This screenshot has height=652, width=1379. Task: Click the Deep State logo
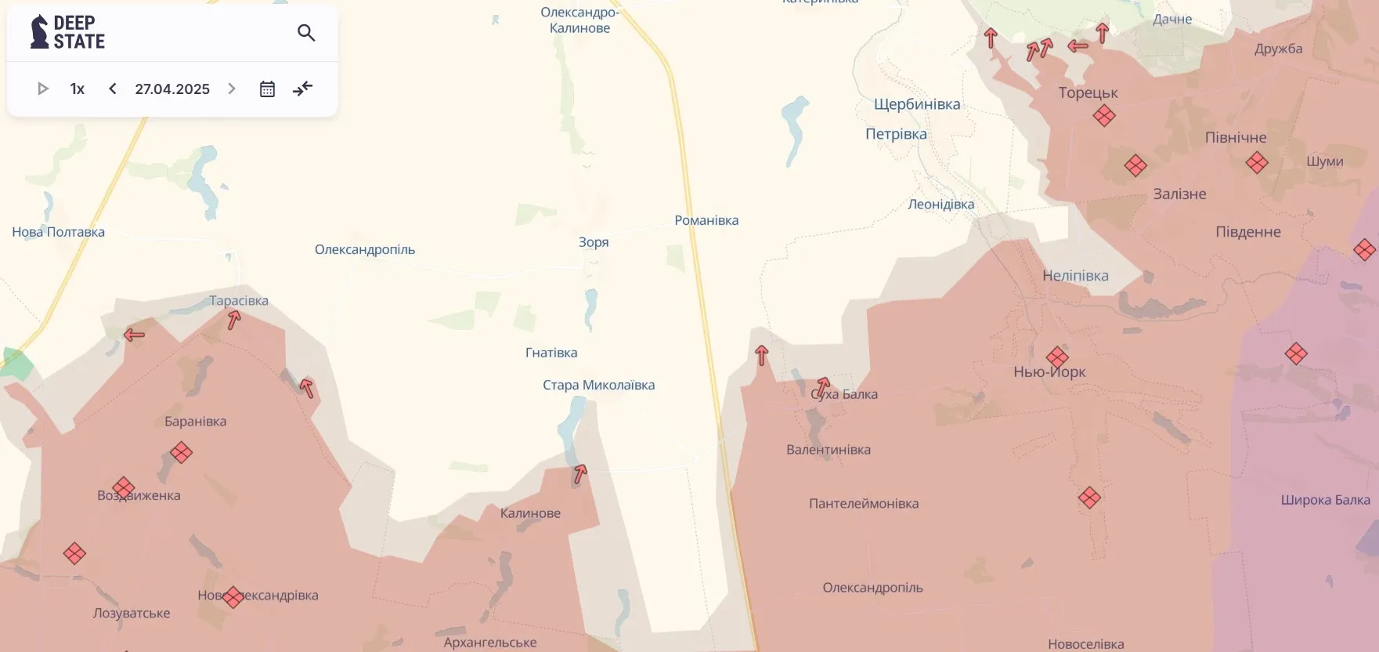(x=67, y=32)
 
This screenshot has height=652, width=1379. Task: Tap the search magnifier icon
(x=306, y=33)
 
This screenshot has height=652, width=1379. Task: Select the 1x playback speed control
(x=77, y=89)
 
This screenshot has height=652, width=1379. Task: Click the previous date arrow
(x=113, y=89)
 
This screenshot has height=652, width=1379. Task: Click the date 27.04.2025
(x=172, y=89)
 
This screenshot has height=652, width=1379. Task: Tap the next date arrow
(x=232, y=89)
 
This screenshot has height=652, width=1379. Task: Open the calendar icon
(x=267, y=89)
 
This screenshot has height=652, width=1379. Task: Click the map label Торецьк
(x=1088, y=92)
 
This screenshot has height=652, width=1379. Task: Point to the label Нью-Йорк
(x=1049, y=371)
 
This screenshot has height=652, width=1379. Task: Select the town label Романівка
(x=706, y=220)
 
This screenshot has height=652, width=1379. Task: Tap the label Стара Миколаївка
(x=598, y=385)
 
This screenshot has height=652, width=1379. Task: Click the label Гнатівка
(x=551, y=353)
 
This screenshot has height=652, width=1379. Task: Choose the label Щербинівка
(x=916, y=104)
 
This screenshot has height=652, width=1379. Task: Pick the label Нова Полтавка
(x=58, y=232)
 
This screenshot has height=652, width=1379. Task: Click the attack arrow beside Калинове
(x=580, y=473)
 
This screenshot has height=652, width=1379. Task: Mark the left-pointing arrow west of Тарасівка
(x=134, y=335)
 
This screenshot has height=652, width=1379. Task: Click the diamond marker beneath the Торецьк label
(x=1104, y=116)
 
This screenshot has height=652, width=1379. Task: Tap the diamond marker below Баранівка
(x=181, y=452)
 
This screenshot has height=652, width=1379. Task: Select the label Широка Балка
(x=1325, y=500)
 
